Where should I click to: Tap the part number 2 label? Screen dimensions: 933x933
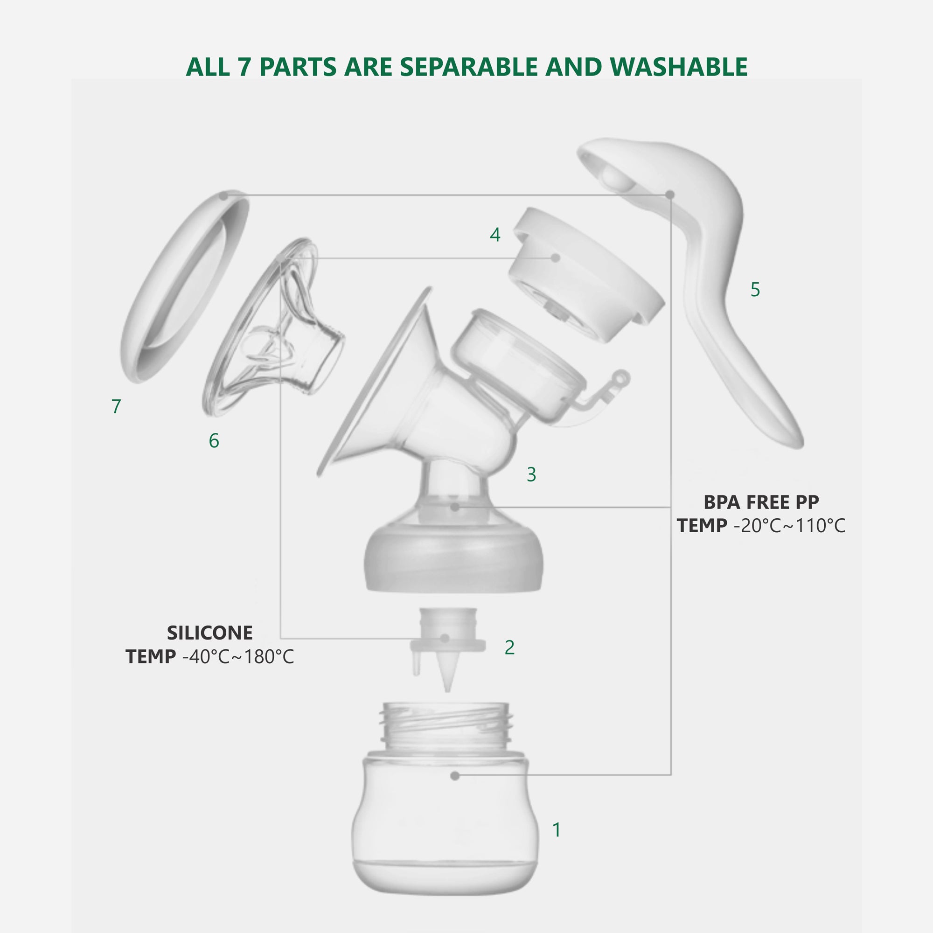509,647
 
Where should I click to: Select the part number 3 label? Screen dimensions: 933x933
531,474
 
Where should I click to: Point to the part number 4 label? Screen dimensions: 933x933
495,235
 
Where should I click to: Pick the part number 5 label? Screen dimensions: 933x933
755,289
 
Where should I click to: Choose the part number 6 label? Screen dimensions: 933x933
214,440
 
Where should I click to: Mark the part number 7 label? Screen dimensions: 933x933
116,406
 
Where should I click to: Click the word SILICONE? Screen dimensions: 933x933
209,633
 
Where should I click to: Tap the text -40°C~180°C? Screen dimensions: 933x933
237,657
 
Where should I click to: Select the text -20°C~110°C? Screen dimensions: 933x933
789,526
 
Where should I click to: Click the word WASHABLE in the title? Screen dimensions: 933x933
678,67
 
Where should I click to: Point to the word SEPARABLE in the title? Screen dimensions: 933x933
468,67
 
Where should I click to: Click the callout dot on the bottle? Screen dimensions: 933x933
454,776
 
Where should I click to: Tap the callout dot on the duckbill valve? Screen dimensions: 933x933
445,639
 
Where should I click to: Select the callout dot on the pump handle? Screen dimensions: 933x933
670,195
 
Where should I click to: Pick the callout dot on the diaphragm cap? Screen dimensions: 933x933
555,258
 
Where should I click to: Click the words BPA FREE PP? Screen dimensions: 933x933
761,502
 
